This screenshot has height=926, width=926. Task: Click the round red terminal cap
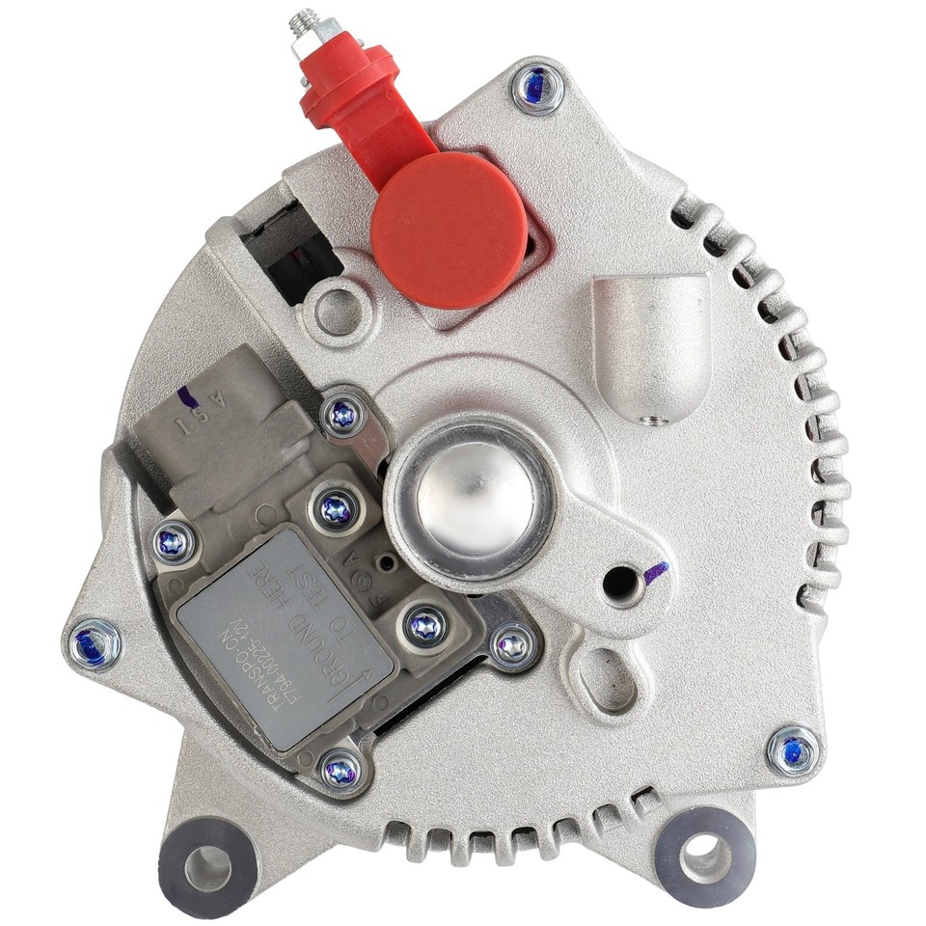[x=449, y=230]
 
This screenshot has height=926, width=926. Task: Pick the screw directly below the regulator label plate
[x=341, y=768]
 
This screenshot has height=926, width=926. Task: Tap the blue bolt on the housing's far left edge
[x=97, y=641]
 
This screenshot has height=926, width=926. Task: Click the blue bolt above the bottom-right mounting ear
[x=794, y=751]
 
